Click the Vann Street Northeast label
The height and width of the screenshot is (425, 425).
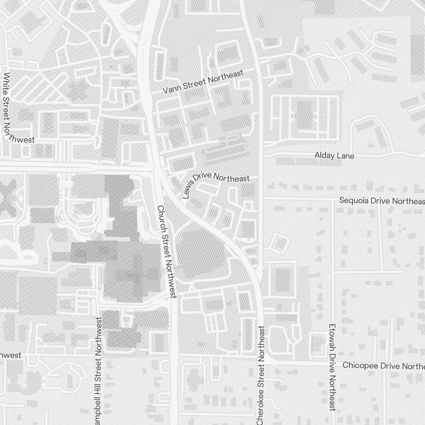tap(204, 82)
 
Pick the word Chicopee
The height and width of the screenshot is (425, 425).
tap(358, 365)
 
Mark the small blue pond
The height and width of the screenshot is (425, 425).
tap(307, 48)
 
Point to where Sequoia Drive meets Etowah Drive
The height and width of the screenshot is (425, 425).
tap(332, 198)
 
